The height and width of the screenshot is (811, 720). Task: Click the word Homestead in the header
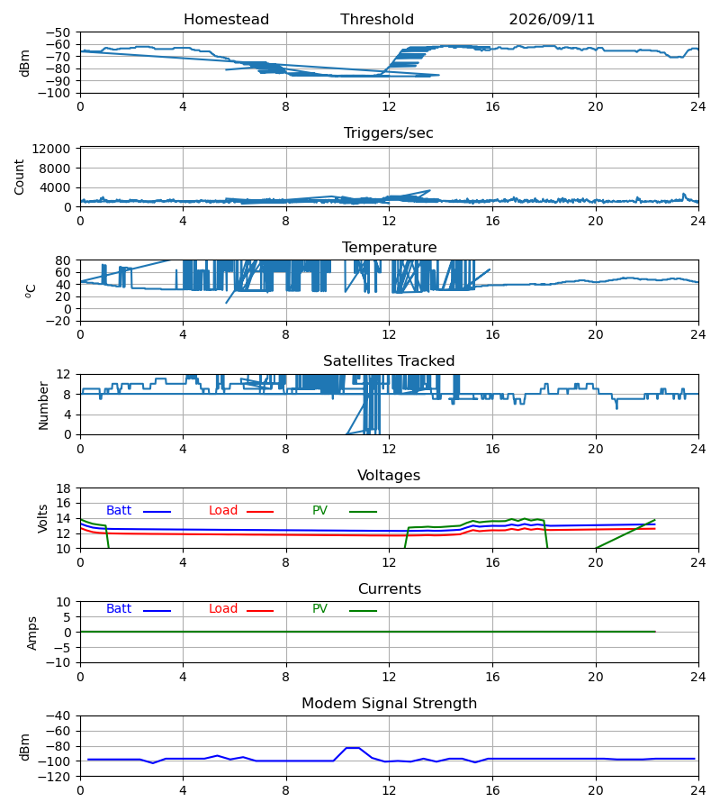(226, 20)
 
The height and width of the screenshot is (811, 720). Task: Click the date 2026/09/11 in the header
(552, 20)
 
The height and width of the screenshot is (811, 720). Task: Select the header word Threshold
(377, 20)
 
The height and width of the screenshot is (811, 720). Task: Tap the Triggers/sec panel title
(389, 133)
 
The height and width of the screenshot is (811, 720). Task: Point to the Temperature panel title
(389, 247)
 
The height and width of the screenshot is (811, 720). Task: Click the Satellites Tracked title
(389, 361)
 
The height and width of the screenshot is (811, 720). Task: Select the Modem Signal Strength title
(389, 704)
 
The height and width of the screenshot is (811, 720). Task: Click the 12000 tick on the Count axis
(51, 149)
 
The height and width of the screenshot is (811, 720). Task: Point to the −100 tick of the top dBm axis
(58, 93)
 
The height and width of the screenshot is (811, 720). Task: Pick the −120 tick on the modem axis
(58, 777)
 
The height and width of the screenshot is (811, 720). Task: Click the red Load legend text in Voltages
(223, 511)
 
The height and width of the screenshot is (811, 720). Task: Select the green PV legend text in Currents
(319, 609)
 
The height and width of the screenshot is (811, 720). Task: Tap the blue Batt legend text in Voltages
(119, 511)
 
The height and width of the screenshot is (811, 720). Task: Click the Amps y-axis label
(32, 633)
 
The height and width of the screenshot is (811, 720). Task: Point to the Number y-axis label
(43, 405)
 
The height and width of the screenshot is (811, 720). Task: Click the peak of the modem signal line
(353, 747)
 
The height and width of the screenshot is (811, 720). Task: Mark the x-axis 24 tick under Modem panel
(698, 790)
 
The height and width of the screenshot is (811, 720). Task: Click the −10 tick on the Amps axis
(63, 662)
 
